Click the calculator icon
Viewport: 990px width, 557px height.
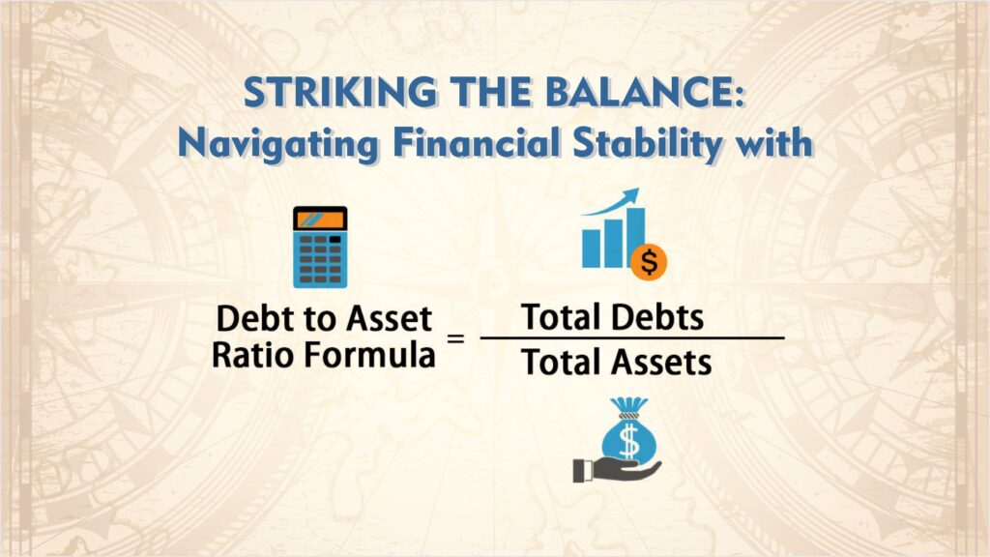point(319,248)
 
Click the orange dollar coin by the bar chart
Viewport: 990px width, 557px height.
point(649,261)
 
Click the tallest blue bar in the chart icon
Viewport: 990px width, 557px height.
point(633,238)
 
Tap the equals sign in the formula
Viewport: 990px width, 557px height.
point(455,338)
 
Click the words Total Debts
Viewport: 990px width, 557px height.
point(612,316)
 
